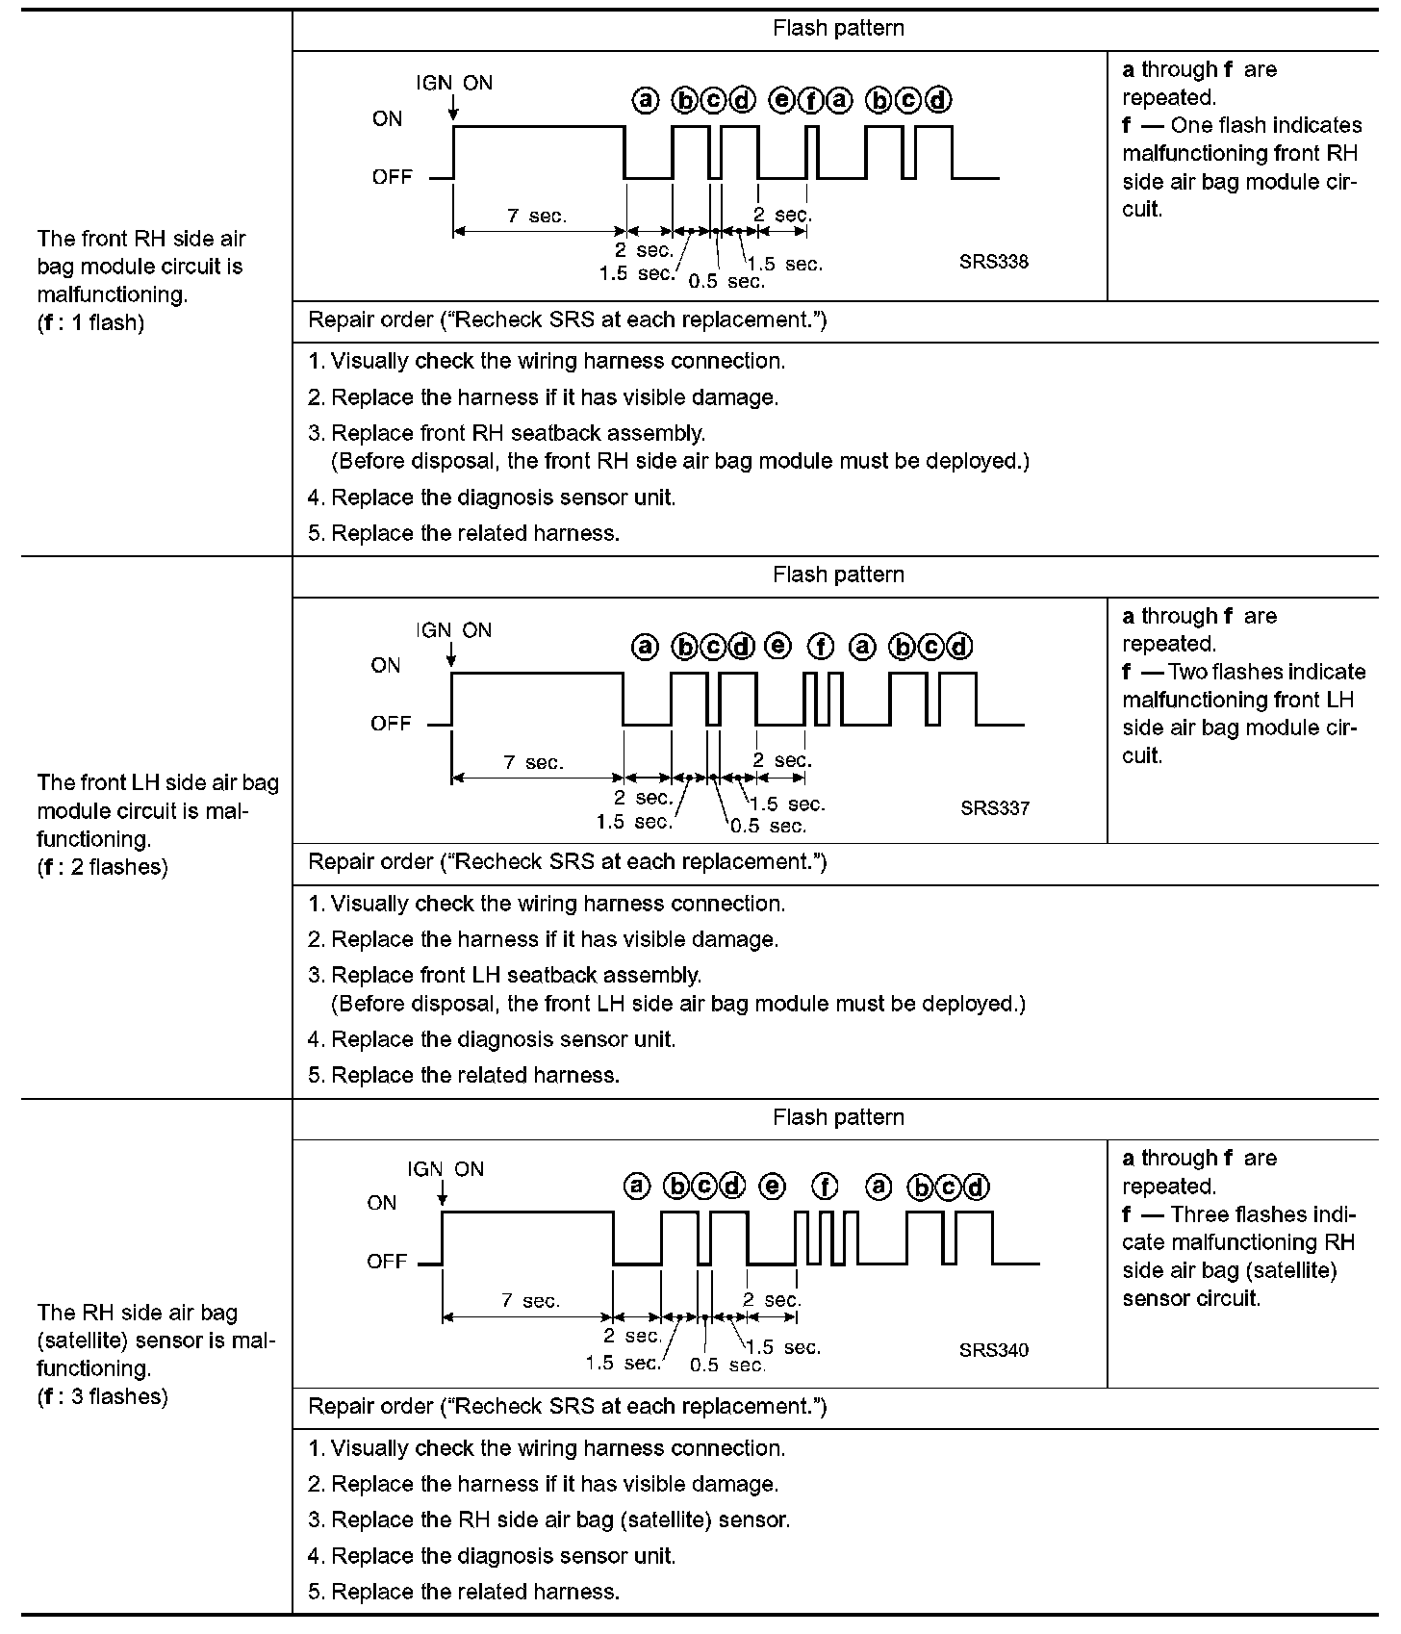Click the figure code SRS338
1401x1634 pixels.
pos(993,262)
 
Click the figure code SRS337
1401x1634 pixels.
pos(994,808)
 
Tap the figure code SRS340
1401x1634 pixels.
pos(993,1350)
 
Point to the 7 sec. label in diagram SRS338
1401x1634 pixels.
pos(537,217)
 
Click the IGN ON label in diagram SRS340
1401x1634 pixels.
pos(446,1169)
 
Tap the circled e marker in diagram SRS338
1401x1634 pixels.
pos(781,99)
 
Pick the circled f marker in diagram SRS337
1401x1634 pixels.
pos(820,647)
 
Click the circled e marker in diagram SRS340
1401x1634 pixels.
pos(772,1187)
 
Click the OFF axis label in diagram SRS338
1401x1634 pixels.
pos(392,177)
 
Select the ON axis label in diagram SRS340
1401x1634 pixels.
pos(381,1203)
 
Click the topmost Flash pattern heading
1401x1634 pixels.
pos(838,29)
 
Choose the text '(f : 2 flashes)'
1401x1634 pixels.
pos(102,867)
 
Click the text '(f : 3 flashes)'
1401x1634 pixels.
pos(102,1396)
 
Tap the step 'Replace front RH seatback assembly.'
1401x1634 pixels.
pos(518,433)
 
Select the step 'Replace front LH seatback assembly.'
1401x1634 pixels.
pos(516,975)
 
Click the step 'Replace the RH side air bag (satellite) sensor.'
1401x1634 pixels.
pos(560,1519)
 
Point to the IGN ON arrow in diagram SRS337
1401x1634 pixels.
pos(451,656)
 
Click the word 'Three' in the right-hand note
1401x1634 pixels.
pos(1198,1214)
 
